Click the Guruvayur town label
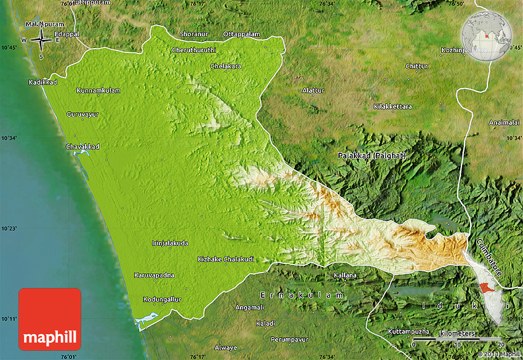pyautogui.click(x=82, y=114)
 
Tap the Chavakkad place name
pyautogui.click(x=82, y=146)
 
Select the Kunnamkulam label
pyautogui.click(x=98, y=90)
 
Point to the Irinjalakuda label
pyautogui.click(x=170, y=243)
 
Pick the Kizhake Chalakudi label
pyautogui.click(x=226, y=259)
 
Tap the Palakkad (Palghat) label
pyautogui.click(x=372, y=156)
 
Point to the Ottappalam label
pyautogui.click(x=241, y=33)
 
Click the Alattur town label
pyautogui.click(x=313, y=90)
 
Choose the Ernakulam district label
pyautogui.click(x=301, y=295)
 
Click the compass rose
pyautogui.click(x=41, y=41)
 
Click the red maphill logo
pyautogui.click(x=50, y=319)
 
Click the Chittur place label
pyautogui.click(x=416, y=66)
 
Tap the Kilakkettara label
pyautogui.click(x=393, y=106)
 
